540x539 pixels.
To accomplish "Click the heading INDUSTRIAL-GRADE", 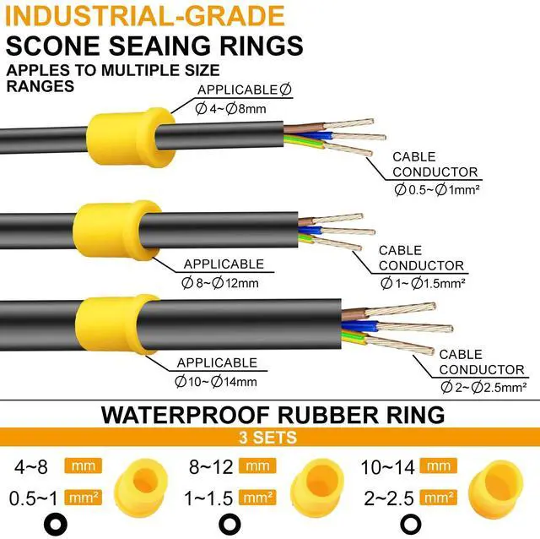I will pos(145,16).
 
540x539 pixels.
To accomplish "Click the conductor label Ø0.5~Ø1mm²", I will pos(437,189).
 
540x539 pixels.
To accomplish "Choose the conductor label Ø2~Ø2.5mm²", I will pos(484,386).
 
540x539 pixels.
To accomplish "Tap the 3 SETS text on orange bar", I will pos(270,438).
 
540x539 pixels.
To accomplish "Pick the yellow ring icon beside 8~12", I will pos(314,483).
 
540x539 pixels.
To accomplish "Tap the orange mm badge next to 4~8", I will pos(85,465).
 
